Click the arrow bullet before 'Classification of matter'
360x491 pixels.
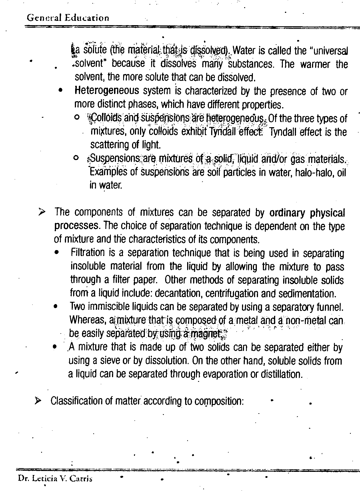pos(38,401)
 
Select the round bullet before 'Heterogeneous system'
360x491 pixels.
pos(60,90)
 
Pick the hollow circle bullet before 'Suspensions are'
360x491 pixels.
pos(76,157)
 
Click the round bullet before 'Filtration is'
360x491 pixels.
pos(58,253)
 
